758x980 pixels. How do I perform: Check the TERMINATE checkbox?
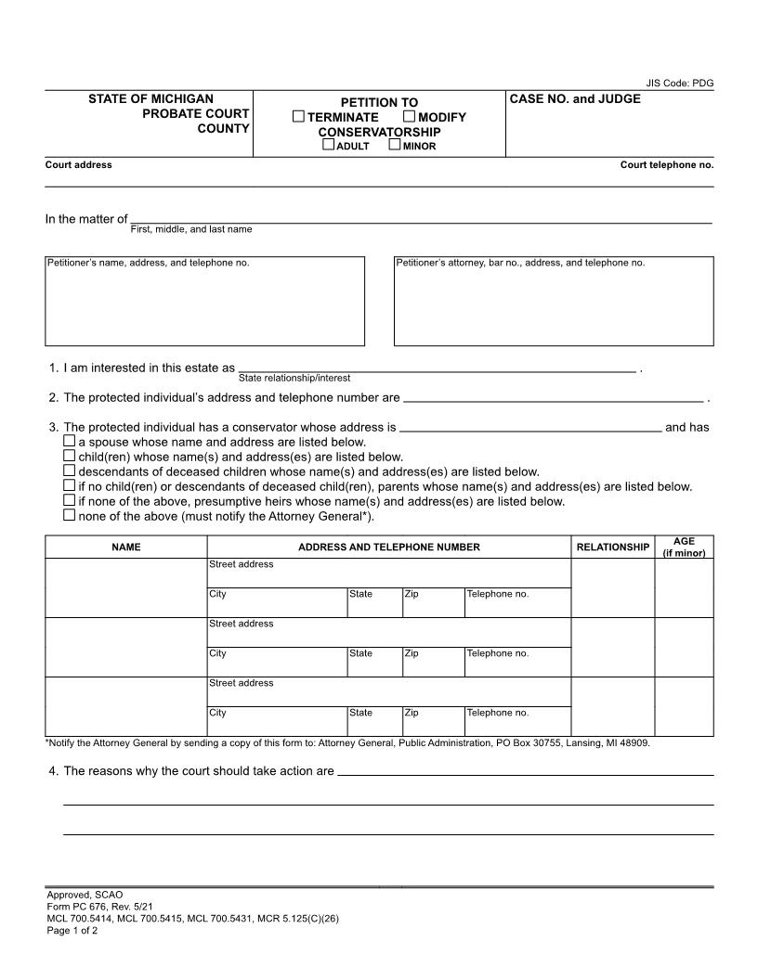click(x=298, y=117)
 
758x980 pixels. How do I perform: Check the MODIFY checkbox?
click(x=409, y=117)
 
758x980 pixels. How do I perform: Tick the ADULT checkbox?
click(x=328, y=145)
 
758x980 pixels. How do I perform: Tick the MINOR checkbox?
click(x=395, y=145)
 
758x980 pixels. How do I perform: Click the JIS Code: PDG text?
click(x=680, y=84)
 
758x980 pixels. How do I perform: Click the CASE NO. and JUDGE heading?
click(x=575, y=99)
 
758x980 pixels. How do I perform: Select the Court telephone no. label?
click(x=667, y=165)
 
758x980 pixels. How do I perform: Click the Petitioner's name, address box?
click(x=204, y=302)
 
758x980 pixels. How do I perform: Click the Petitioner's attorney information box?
click(x=554, y=302)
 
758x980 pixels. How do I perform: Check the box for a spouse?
click(x=70, y=442)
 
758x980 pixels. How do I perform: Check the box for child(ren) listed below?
click(x=70, y=457)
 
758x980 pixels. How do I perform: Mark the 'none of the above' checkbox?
click(x=70, y=515)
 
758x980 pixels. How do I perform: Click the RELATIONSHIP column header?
click(x=612, y=548)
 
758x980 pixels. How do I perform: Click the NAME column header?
click(x=126, y=548)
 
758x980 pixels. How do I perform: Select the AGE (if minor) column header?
click(x=684, y=548)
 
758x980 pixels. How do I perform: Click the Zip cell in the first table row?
click(x=433, y=601)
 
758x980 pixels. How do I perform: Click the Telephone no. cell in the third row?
click(x=517, y=720)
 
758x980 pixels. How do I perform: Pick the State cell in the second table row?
click(x=374, y=661)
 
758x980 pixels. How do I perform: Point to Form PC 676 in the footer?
click(x=85, y=908)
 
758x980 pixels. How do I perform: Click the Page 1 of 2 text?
click(x=72, y=931)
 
